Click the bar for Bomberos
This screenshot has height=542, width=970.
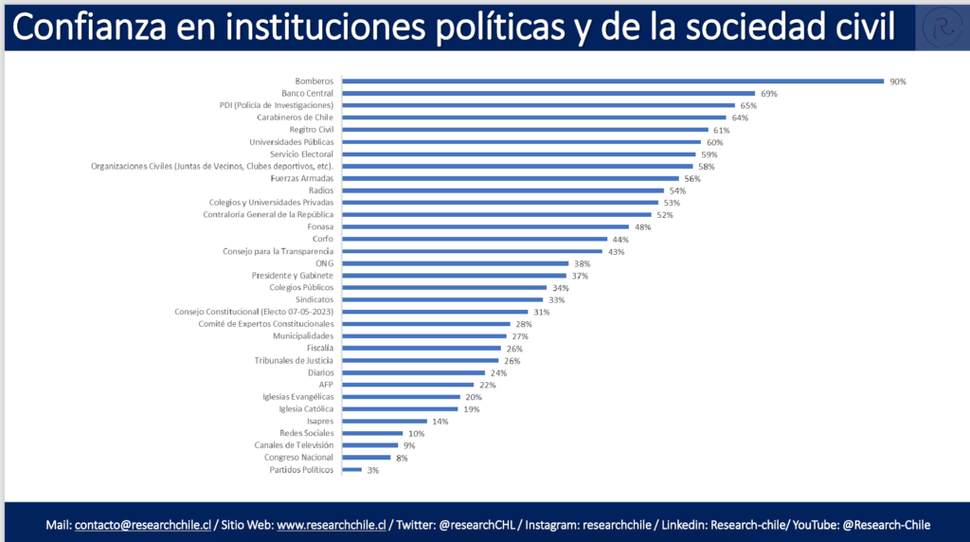(612, 81)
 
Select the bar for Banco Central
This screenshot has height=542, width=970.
(548, 94)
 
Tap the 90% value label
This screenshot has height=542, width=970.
(898, 81)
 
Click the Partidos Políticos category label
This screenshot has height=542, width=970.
(301, 470)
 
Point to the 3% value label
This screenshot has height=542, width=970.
(373, 470)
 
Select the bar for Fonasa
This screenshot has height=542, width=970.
(485, 226)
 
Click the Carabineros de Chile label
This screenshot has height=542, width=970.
(295, 117)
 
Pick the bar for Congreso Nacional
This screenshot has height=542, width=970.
(366, 458)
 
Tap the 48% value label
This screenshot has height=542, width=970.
(644, 226)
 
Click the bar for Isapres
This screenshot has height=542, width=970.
(384, 421)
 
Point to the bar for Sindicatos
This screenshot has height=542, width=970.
(442, 299)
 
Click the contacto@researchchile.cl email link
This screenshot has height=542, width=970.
(142, 525)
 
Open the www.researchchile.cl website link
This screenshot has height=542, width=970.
(331, 525)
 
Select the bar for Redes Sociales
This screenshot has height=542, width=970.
(372, 433)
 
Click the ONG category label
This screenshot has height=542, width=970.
(324, 263)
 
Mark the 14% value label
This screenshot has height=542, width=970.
(440, 421)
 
